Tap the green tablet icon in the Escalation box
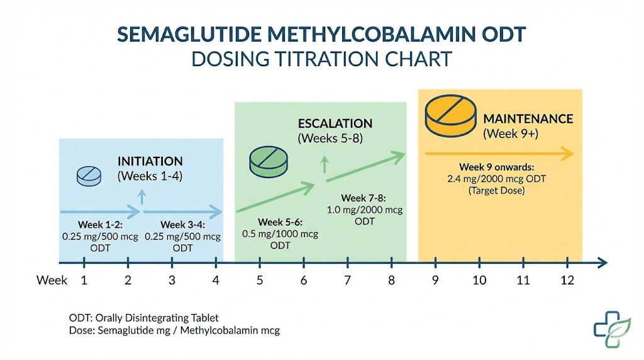click(268, 161)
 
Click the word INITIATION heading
click(150, 162)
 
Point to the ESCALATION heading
click(335, 124)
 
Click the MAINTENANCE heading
click(528, 119)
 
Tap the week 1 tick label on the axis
click(84, 280)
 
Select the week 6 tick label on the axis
click(304, 280)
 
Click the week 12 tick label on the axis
click(567, 280)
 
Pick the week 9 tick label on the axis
click(435, 280)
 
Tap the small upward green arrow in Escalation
click(325, 166)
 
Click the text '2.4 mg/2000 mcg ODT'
click(496, 179)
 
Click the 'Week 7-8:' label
click(364, 198)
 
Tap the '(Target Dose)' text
click(496, 189)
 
